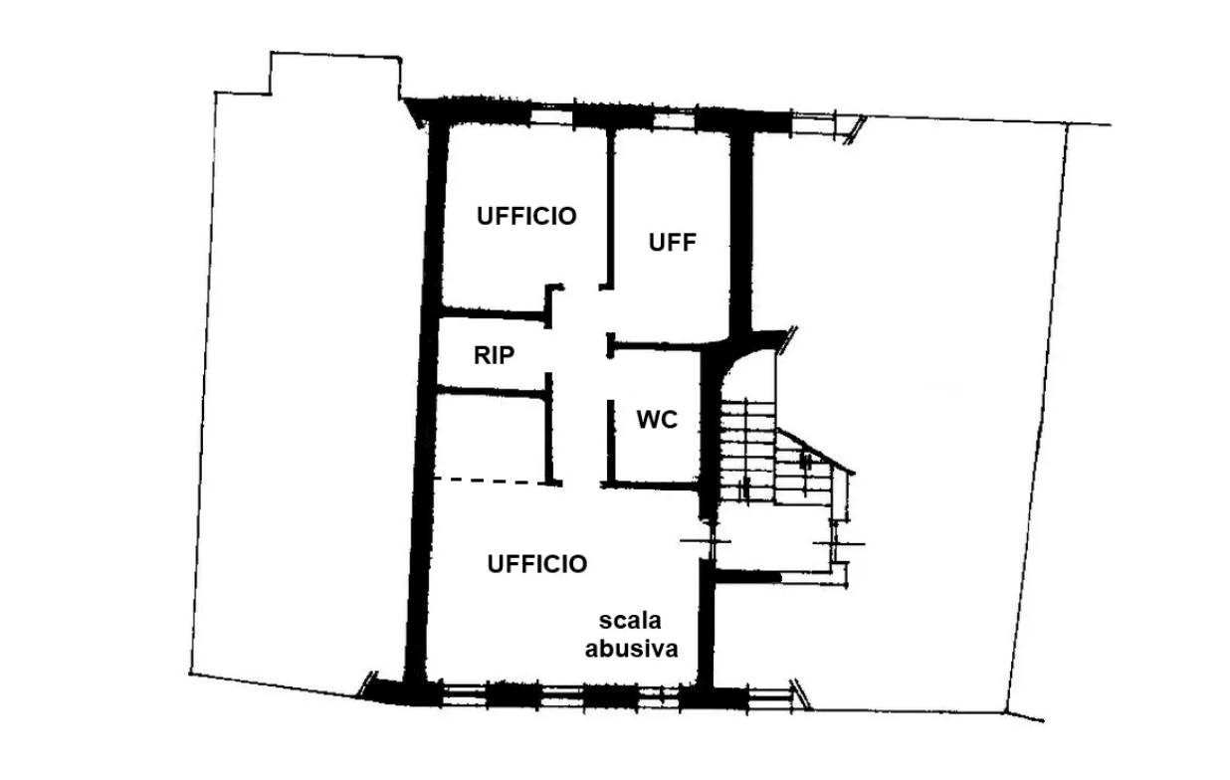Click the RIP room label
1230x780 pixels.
(x=494, y=356)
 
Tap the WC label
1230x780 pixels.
(x=657, y=420)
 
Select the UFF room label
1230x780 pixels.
(x=672, y=243)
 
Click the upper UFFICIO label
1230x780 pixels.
(x=526, y=216)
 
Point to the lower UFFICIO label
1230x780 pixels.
(x=537, y=564)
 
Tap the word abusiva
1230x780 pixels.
(x=631, y=649)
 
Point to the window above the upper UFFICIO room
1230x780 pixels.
(x=552, y=117)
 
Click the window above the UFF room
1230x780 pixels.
(x=675, y=120)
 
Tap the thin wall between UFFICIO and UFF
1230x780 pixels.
(x=609, y=209)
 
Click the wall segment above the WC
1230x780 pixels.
(x=656, y=346)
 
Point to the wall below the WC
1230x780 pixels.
(x=651, y=486)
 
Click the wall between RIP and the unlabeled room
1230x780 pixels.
(x=492, y=391)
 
